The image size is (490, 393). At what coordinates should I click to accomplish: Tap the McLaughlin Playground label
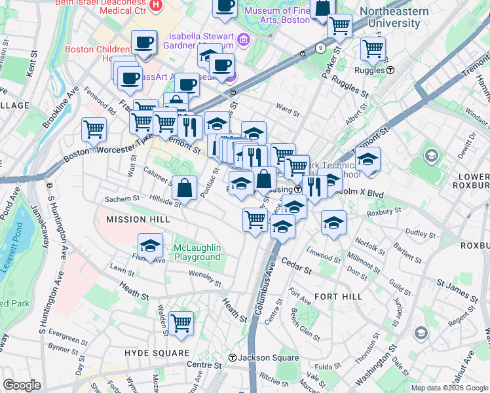pos(197,252)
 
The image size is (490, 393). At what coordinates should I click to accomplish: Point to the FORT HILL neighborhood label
pos(338,297)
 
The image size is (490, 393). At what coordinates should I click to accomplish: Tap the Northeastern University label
pos(394,17)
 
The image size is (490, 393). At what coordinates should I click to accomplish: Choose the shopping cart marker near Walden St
pos(181,322)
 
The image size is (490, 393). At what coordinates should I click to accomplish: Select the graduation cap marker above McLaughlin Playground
pos(151,246)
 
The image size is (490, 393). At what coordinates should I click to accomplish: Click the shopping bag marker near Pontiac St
pos(185,189)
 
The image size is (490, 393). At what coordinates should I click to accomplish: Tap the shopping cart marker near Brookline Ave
pos(94,128)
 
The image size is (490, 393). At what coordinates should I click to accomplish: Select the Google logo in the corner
pos(22,385)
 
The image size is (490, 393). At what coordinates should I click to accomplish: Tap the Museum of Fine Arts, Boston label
pos(286,15)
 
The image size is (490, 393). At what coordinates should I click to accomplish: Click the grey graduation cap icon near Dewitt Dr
pos(432,155)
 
